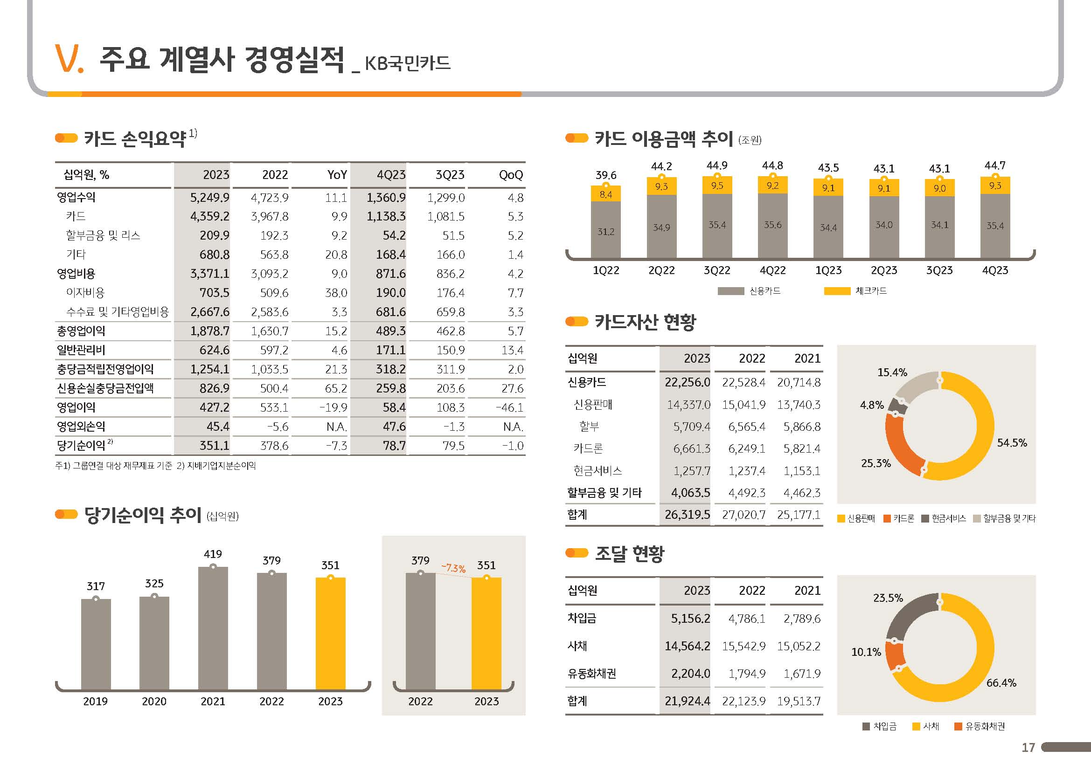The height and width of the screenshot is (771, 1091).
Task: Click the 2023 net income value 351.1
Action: (214, 446)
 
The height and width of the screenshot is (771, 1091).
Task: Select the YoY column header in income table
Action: (337, 175)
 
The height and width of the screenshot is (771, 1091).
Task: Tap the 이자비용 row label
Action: (85, 293)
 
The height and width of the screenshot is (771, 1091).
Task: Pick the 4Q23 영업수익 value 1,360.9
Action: (386, 198)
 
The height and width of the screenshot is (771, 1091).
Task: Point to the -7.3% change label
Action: (453, 568)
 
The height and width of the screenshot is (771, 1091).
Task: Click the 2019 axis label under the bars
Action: (95, 702)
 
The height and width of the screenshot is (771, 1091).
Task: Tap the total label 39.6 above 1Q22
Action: (606, 175)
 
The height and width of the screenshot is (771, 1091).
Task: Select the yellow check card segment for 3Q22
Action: (717, 186)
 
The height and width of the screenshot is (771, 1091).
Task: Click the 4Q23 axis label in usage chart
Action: (995, 271)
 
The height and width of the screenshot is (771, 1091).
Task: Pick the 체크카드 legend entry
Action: (855, 291)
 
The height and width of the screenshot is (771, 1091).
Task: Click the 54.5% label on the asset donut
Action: (1012, 443)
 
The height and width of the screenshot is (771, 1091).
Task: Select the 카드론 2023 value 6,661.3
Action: (691, 448)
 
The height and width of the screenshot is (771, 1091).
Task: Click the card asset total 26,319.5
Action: (687, 515)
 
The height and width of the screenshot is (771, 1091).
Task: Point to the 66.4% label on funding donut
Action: (1001, 683)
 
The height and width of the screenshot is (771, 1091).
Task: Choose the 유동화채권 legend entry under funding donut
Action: (980, 726)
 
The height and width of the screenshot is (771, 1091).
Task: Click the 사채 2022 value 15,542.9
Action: (744, 646)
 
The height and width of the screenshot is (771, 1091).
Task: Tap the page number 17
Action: (1028, 748)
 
